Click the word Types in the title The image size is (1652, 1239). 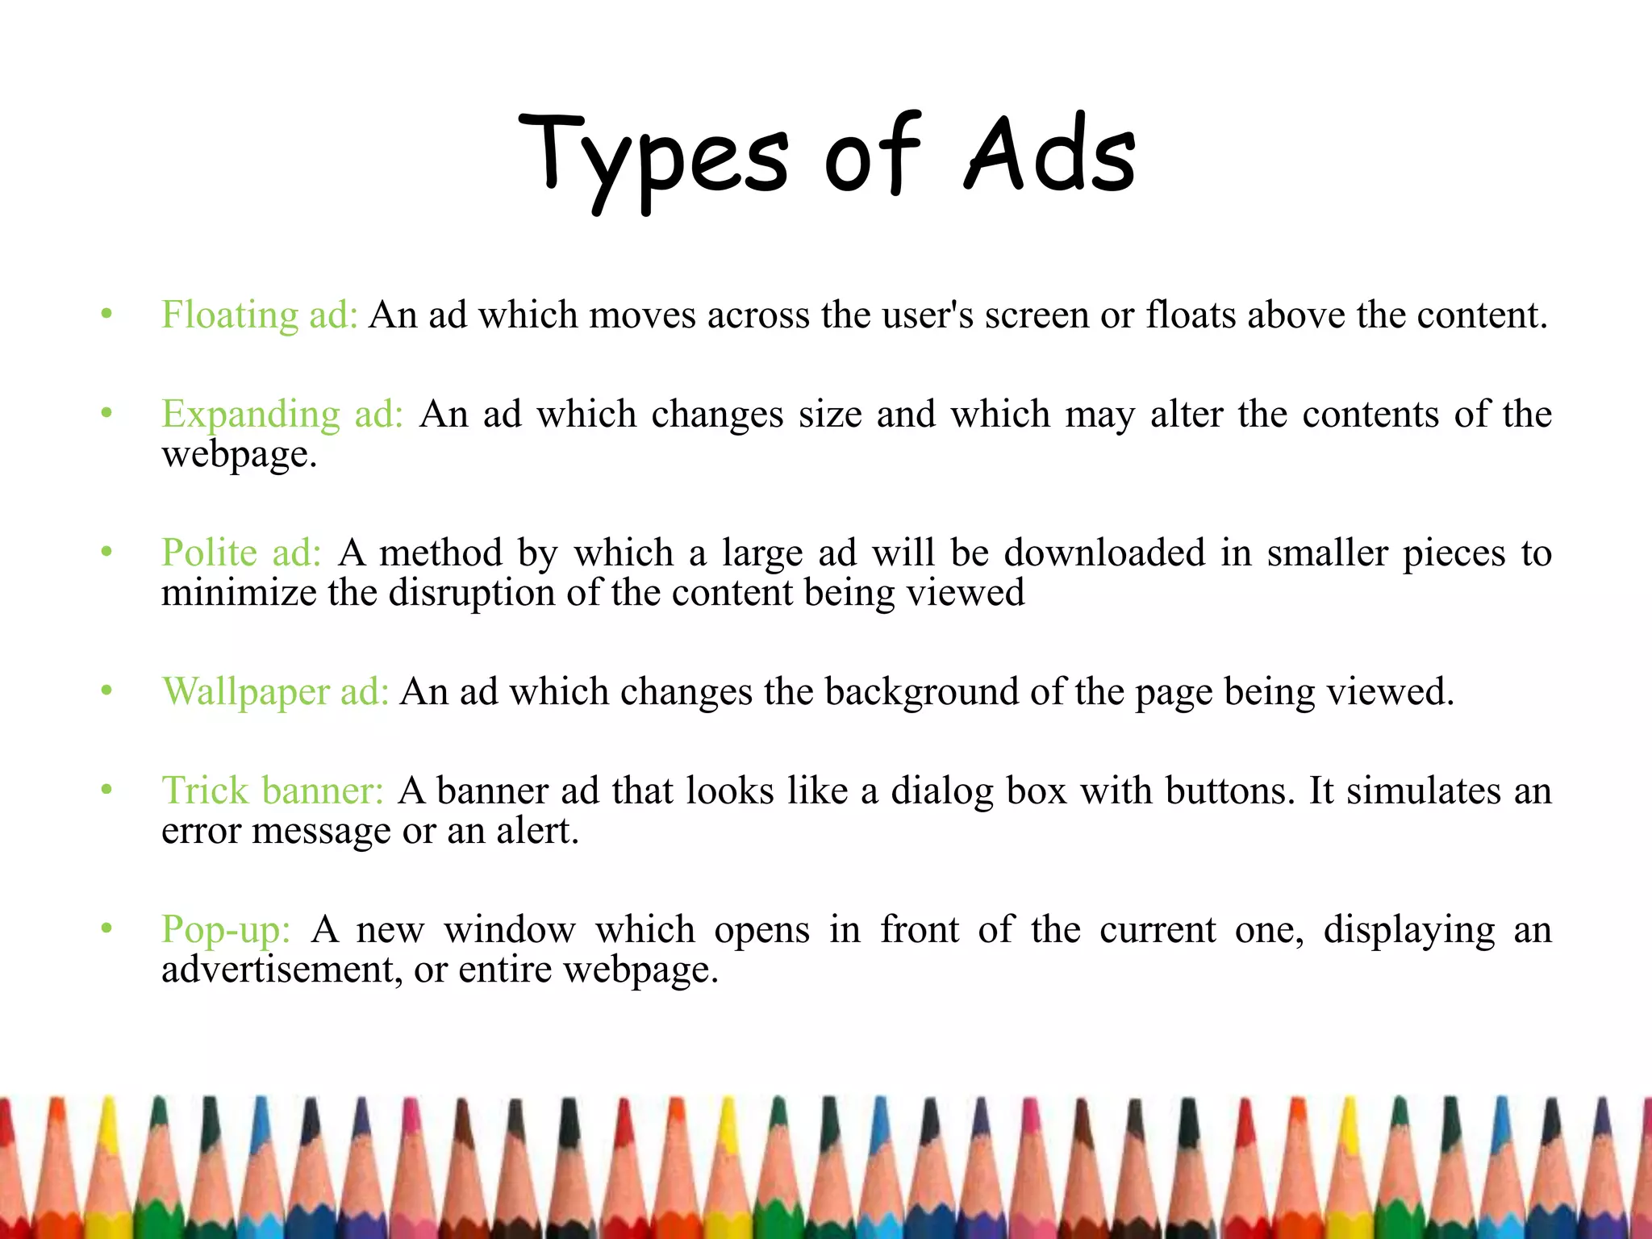(x=653, y=157)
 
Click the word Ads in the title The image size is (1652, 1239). (x=1050, y=155)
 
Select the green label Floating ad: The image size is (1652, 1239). (x=259, y=315)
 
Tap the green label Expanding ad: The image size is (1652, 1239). (x=282, y=415)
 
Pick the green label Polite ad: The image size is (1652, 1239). (x=241, y=553)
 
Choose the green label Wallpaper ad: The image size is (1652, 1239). (x=275, y=692)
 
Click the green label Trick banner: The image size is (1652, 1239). (x=272, y=791)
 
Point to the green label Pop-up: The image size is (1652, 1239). (x=225, y=929)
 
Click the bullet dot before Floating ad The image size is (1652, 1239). (x=106, y=314)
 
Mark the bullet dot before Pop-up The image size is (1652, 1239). (x=106, y=928)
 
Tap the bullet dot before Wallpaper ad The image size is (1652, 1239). (x=106, y=691)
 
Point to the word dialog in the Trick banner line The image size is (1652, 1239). (x=941, y=791)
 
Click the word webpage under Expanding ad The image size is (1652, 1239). (x=239, y=454)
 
